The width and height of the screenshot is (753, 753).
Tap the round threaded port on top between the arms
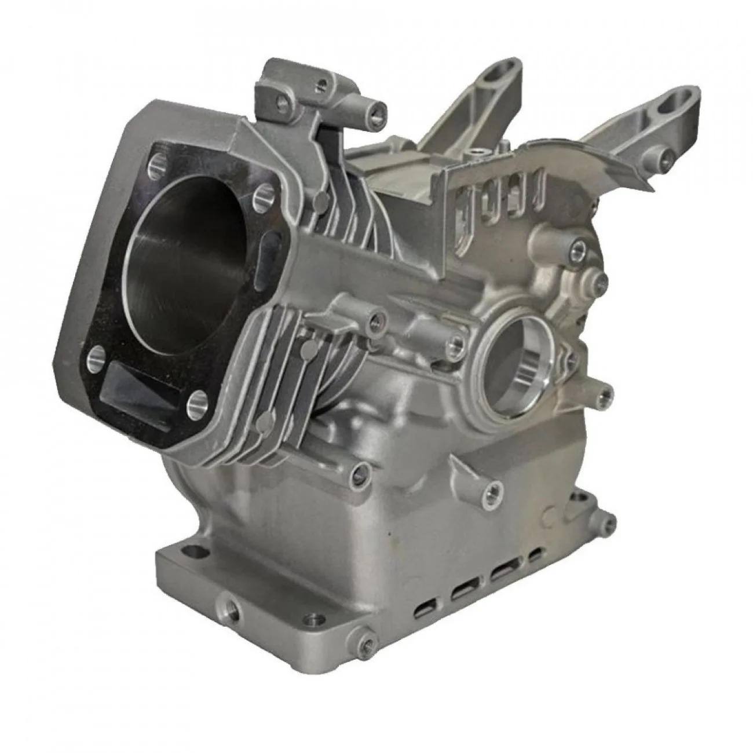pyautogui.click(x=476, y=153)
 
